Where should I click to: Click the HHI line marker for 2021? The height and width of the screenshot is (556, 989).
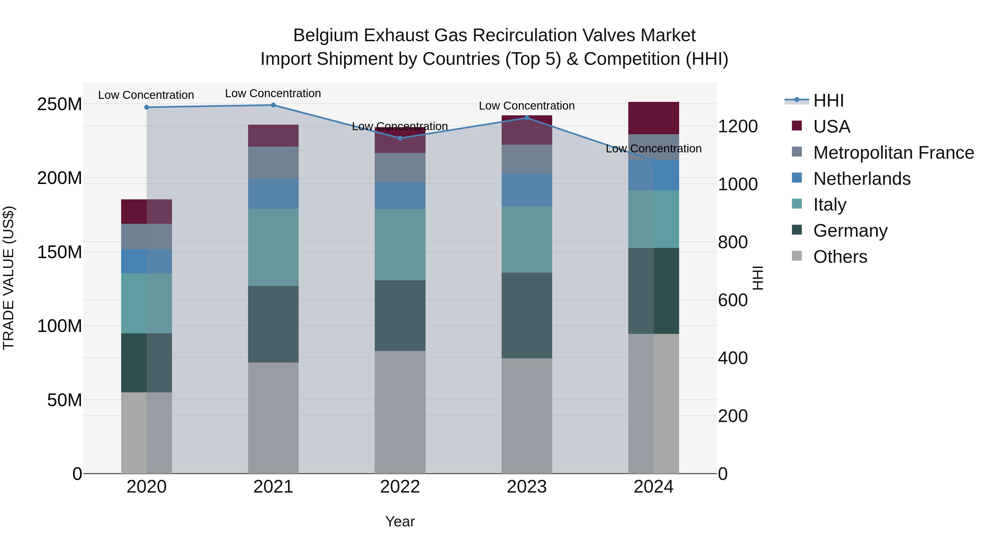pyautogui.click(x=273, y=105)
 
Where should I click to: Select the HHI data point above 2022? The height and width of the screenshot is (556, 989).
pyautogui.click(x=400, y=138)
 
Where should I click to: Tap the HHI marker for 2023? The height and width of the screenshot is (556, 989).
pyautogui.click(x=527, y=118)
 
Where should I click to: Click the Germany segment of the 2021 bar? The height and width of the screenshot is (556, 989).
pyautogui.click(x=273, y=324)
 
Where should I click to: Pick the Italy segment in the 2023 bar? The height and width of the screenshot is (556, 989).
pyautogui.click(x=527, y=239)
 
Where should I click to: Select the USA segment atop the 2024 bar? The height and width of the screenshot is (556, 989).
pyautogui.click(x=654, y=118)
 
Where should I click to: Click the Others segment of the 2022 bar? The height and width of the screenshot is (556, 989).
pyautogui.click(x=400, y=412)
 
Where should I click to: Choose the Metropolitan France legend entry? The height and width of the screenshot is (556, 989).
pyautogui.click(x=893, y=152)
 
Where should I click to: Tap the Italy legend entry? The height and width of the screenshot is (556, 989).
pyautogui.click(x=829, y=205)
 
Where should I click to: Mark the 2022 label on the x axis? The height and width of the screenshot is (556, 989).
pyautogui.click(x=400, y=487)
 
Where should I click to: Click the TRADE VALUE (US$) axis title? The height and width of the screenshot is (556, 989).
pyautogui.click(x=9, y=278)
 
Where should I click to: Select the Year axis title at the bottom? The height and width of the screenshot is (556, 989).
pyautogui.click(x=400, y=521)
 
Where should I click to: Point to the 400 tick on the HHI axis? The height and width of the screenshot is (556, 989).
pyautogui.click(x=732, y=358)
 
